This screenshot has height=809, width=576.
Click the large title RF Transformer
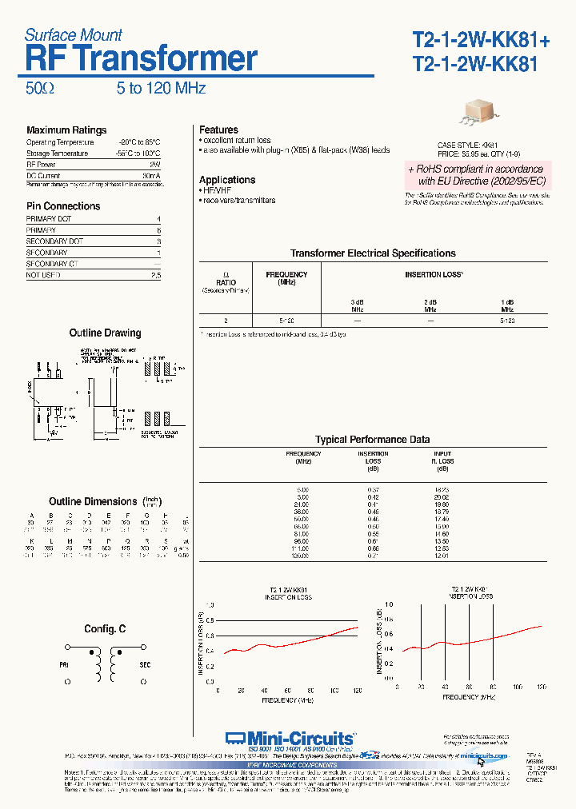click(142, 59)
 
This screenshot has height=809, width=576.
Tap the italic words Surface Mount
click(73, 34)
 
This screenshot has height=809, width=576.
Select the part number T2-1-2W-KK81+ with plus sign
click(481, 39)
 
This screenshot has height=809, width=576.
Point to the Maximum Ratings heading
click(66, 130)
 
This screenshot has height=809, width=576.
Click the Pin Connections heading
click(63, 205)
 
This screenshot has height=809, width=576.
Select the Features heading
click(218, 130)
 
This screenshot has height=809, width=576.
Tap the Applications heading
click(227, 180)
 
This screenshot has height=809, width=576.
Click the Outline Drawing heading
click(105, 333)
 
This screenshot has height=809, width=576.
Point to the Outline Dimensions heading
click(93, 501)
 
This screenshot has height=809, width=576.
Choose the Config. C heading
click(105, 629)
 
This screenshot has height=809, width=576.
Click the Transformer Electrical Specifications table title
click(373, 253)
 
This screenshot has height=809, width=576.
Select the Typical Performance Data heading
click(372, 439)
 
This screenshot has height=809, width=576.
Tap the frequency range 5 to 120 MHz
click(161, 88)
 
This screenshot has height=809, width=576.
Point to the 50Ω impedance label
click(40, 88)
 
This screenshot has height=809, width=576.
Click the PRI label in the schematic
click(65, 664)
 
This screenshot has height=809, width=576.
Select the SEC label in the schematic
click(145, 664)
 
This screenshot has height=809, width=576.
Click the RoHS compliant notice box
click(475, 175)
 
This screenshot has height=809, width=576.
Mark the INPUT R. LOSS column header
click(442, 457)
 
